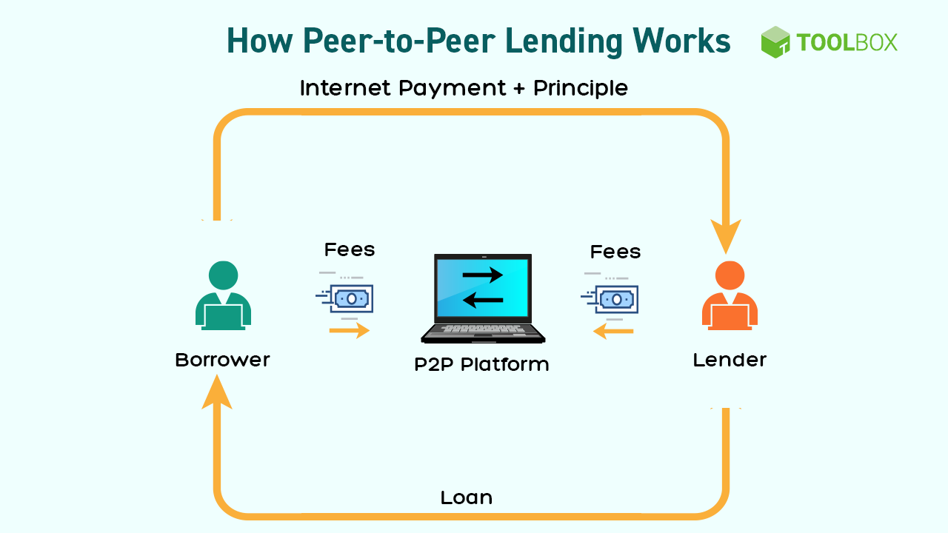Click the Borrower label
click(222, 361)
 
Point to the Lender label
click(730, 361)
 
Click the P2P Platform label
click(481, 364)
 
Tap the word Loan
click(467, 497)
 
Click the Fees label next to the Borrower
click(350, 250)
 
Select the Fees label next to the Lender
click(615, 252)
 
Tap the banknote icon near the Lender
click(615, 299)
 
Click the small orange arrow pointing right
click(350, 330)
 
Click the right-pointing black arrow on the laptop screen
click(482, 275)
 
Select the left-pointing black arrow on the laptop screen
click(482, 299)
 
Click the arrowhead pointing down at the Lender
click(725, 235)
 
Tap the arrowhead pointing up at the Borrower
click(217, 392)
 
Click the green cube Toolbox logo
click(775, 42)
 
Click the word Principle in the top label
click(581, 89)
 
